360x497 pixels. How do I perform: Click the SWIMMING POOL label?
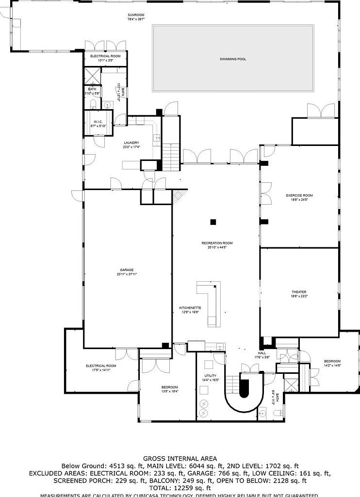(x=233, y=59)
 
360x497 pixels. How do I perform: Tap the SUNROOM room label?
(x=136, y=15)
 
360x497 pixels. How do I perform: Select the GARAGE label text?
(x=127, y=270)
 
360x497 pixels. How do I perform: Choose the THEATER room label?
(x=299, y=292)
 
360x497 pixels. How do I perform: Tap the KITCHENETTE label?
(x=190, y=308)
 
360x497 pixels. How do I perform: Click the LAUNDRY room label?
(x=131, y=143)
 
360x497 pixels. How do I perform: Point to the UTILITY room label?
(x=210, y=376)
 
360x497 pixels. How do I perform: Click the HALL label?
(x=262, y=353)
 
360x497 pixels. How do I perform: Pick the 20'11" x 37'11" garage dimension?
(x=127, y=274)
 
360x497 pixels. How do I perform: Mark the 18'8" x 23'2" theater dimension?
(x=299, y=296)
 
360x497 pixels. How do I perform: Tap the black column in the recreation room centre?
(x=213, y=222)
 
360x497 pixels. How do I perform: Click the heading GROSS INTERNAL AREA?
(x=180, y=458)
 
